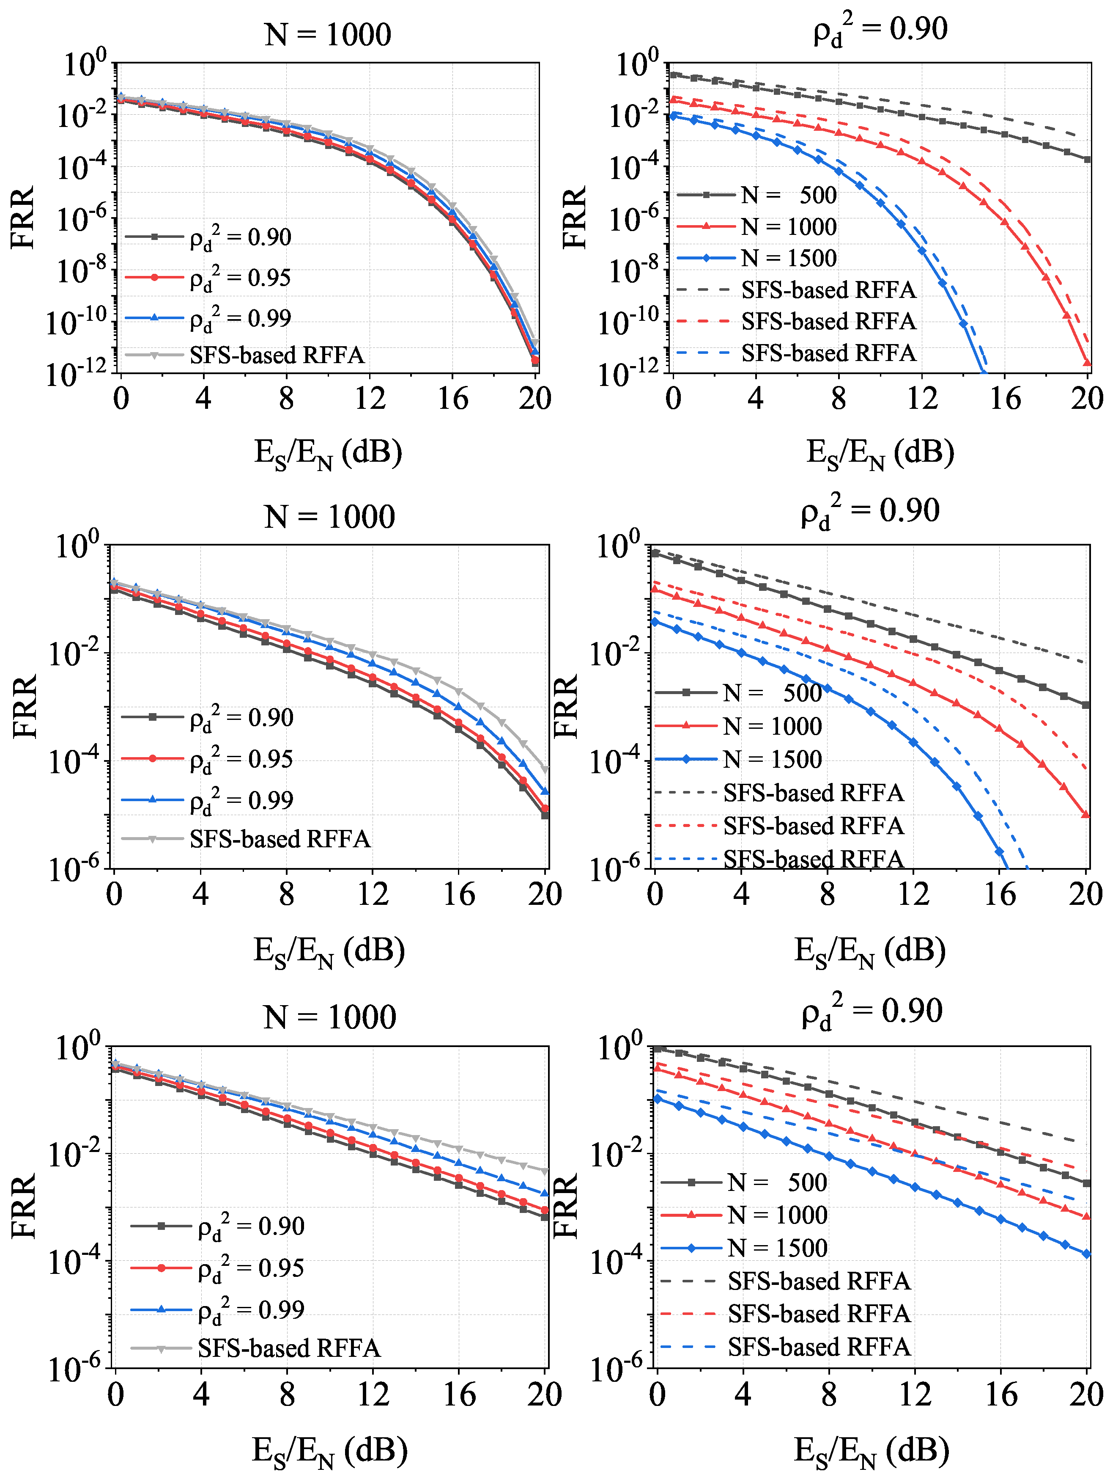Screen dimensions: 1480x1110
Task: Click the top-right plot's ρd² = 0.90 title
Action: pyautogui.click(x=880, y=30)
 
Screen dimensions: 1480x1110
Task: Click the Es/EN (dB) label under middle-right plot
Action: pyautogui.click(x=869, y=951)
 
